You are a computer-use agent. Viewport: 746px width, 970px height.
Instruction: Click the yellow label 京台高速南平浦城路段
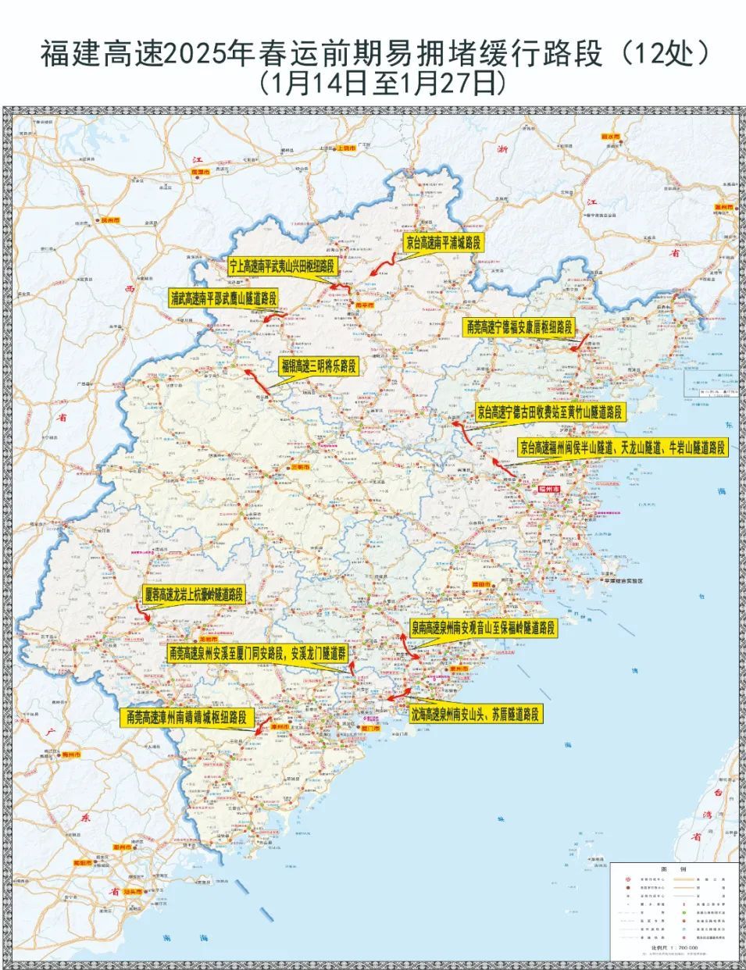[444, 243]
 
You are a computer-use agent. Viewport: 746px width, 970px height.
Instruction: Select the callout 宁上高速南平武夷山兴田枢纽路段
[282, 266]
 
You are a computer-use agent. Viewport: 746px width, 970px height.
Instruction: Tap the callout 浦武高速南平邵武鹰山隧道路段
[223, 298]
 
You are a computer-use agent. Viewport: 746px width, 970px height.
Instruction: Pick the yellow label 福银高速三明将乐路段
[318, 366]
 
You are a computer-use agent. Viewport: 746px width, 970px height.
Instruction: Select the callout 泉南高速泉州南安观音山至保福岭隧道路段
[484, 627]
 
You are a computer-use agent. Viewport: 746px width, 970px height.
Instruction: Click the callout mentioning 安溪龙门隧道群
[257, 651]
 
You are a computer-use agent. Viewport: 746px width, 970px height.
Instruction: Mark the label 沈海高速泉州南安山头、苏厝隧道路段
[475, 714]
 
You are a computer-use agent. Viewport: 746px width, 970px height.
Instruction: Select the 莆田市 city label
[482, 583]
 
